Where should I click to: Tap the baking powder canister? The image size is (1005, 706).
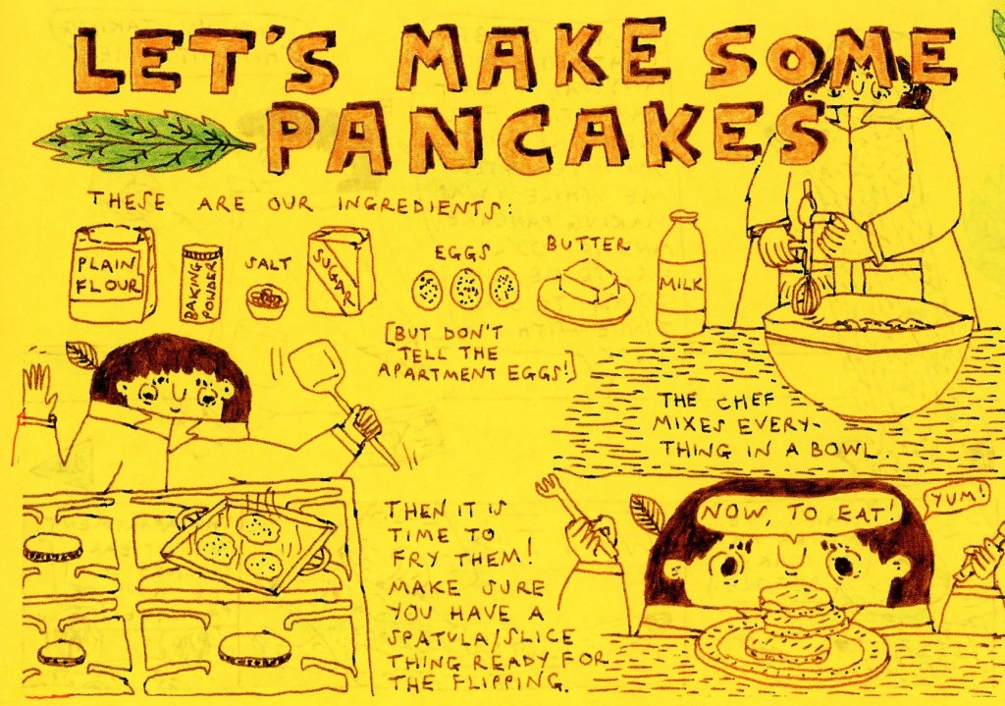click(201, 283)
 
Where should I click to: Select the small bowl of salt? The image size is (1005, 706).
click(267, 301)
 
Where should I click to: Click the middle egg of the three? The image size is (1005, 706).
click(466, 290)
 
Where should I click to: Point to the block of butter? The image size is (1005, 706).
click(589, 280)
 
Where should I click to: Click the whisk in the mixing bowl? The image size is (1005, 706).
click(805, 256)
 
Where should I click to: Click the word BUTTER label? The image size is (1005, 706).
click(588, 244)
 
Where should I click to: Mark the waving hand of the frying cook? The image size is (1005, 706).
click(37, 392)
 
